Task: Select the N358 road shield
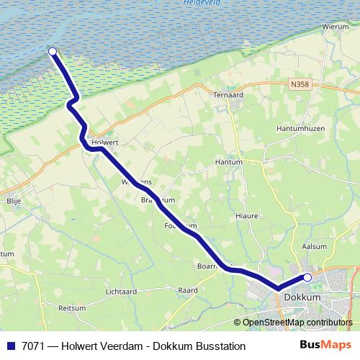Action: point(300,84)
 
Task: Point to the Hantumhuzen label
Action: point(302,128)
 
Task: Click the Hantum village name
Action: point(228,163)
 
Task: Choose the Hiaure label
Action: point(246,215)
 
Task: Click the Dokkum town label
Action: point(302,296)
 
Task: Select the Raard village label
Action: point(187,290)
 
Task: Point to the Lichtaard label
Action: point(120,292)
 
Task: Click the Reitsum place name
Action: point(72,307)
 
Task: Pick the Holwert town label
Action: point(106,142)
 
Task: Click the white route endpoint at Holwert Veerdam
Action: point(53,51)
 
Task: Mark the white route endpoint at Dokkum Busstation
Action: point(307,277)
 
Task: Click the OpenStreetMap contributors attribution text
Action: point(297,323)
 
